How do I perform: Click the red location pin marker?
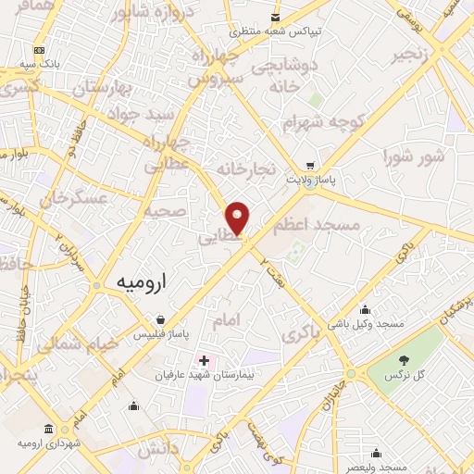click(239, 218)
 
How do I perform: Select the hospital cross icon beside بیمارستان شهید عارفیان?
click(205, 358)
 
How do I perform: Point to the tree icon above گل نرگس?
click(403, 360)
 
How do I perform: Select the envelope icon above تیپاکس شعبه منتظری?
click(275, 18)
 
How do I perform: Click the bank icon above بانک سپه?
click(39, 50)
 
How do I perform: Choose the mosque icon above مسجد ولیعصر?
click(376, 454)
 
